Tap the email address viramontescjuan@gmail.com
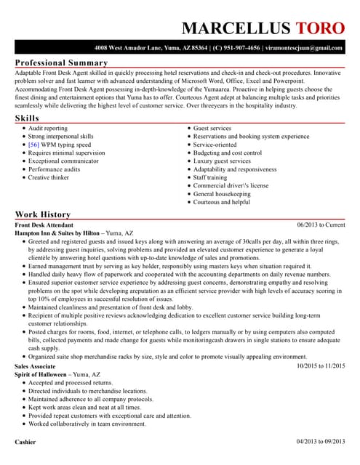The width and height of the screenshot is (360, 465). click(x=303, y=48)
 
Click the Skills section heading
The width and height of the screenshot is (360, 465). click(x=28, y=118)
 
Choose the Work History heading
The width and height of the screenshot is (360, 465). click(x=43, y=214)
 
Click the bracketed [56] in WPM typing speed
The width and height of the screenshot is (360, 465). click(x=34, y=145)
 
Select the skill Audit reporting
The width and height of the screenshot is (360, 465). click(x=48, y=128)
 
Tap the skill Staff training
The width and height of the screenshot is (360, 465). click(x=209, y=177)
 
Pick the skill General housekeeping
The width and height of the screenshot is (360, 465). click(x=222, y=194)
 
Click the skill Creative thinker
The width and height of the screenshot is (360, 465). click(x=49, y=177)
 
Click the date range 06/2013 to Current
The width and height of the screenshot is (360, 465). click(x=321, y=225)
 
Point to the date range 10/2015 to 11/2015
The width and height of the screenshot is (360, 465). click(x=321, y=365)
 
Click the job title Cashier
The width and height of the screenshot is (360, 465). click(x=25, y=442)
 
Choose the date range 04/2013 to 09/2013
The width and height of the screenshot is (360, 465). click(x=321, y=442)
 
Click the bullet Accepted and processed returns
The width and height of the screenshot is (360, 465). click(x=71, y=382)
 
